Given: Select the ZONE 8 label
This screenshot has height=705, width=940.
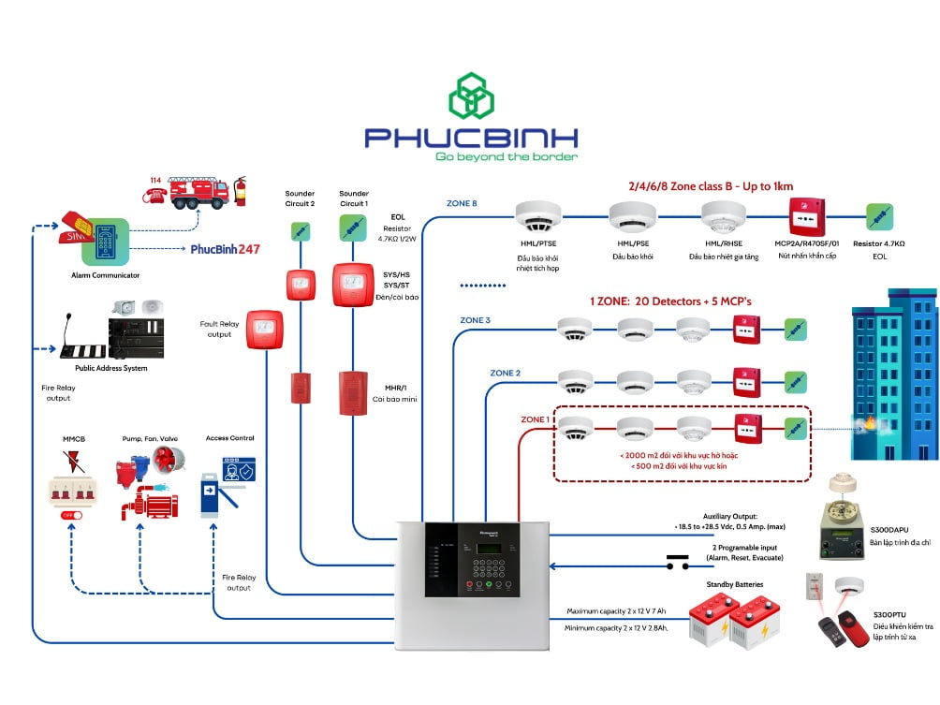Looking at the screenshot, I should (462, 203).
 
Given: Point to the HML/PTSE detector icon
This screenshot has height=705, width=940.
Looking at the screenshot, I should (537, 216).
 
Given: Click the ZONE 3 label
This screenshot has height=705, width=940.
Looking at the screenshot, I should (475, 320).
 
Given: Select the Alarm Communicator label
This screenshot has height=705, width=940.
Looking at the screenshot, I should (105, 275).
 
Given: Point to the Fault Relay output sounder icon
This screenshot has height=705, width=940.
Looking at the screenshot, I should (264, 330).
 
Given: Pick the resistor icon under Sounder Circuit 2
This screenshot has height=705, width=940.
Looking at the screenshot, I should (301, 230).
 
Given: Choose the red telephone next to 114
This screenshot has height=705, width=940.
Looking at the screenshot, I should (154, 194).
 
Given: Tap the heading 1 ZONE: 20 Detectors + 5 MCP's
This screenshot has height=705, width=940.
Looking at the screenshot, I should (670, 302).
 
